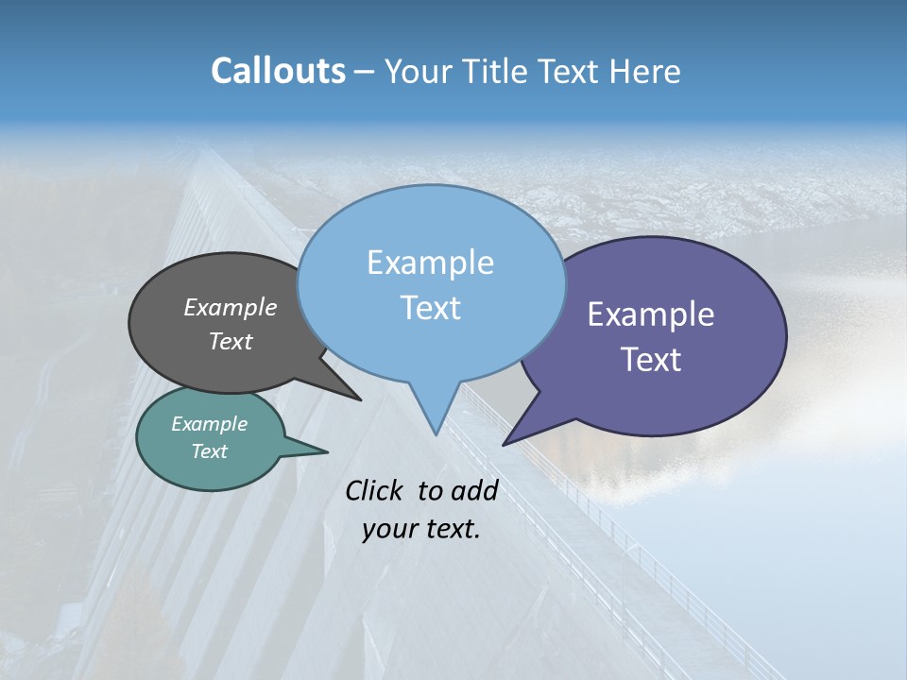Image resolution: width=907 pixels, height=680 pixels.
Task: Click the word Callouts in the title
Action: (x=278, y=71)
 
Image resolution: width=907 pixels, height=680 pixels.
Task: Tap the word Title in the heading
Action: (x=502, y=71)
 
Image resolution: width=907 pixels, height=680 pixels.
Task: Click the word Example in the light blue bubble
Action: (x=430, y=263)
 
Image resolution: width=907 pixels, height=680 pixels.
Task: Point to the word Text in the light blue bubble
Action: (x=430, y=308)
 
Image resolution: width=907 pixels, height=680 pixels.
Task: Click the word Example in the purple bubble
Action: (x=651, y=314)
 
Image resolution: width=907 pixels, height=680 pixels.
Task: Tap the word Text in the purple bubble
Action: (x=651, y=360)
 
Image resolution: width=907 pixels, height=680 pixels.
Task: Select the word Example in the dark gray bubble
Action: (x=231, y=307)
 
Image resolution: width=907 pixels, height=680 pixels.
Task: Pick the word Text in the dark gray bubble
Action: (x=231, y=341)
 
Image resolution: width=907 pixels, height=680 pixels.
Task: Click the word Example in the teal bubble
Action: (x=209, y=424)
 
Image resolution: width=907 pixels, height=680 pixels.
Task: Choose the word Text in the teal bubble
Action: (x=209, y=451)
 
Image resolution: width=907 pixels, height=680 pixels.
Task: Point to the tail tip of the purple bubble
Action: (x=505, y=444)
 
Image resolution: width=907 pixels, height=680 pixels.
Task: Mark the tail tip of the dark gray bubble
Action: (x=360, y=399)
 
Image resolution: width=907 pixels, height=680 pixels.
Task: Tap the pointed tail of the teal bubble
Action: (x=326, y=451)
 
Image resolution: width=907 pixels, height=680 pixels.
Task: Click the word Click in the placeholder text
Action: (x=376, y=490)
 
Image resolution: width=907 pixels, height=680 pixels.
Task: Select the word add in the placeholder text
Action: (x=474, y=490)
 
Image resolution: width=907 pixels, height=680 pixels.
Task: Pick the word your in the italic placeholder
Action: (x=388, y=529)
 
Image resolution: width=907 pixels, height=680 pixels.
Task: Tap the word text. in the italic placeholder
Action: (x=452, y=529)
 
